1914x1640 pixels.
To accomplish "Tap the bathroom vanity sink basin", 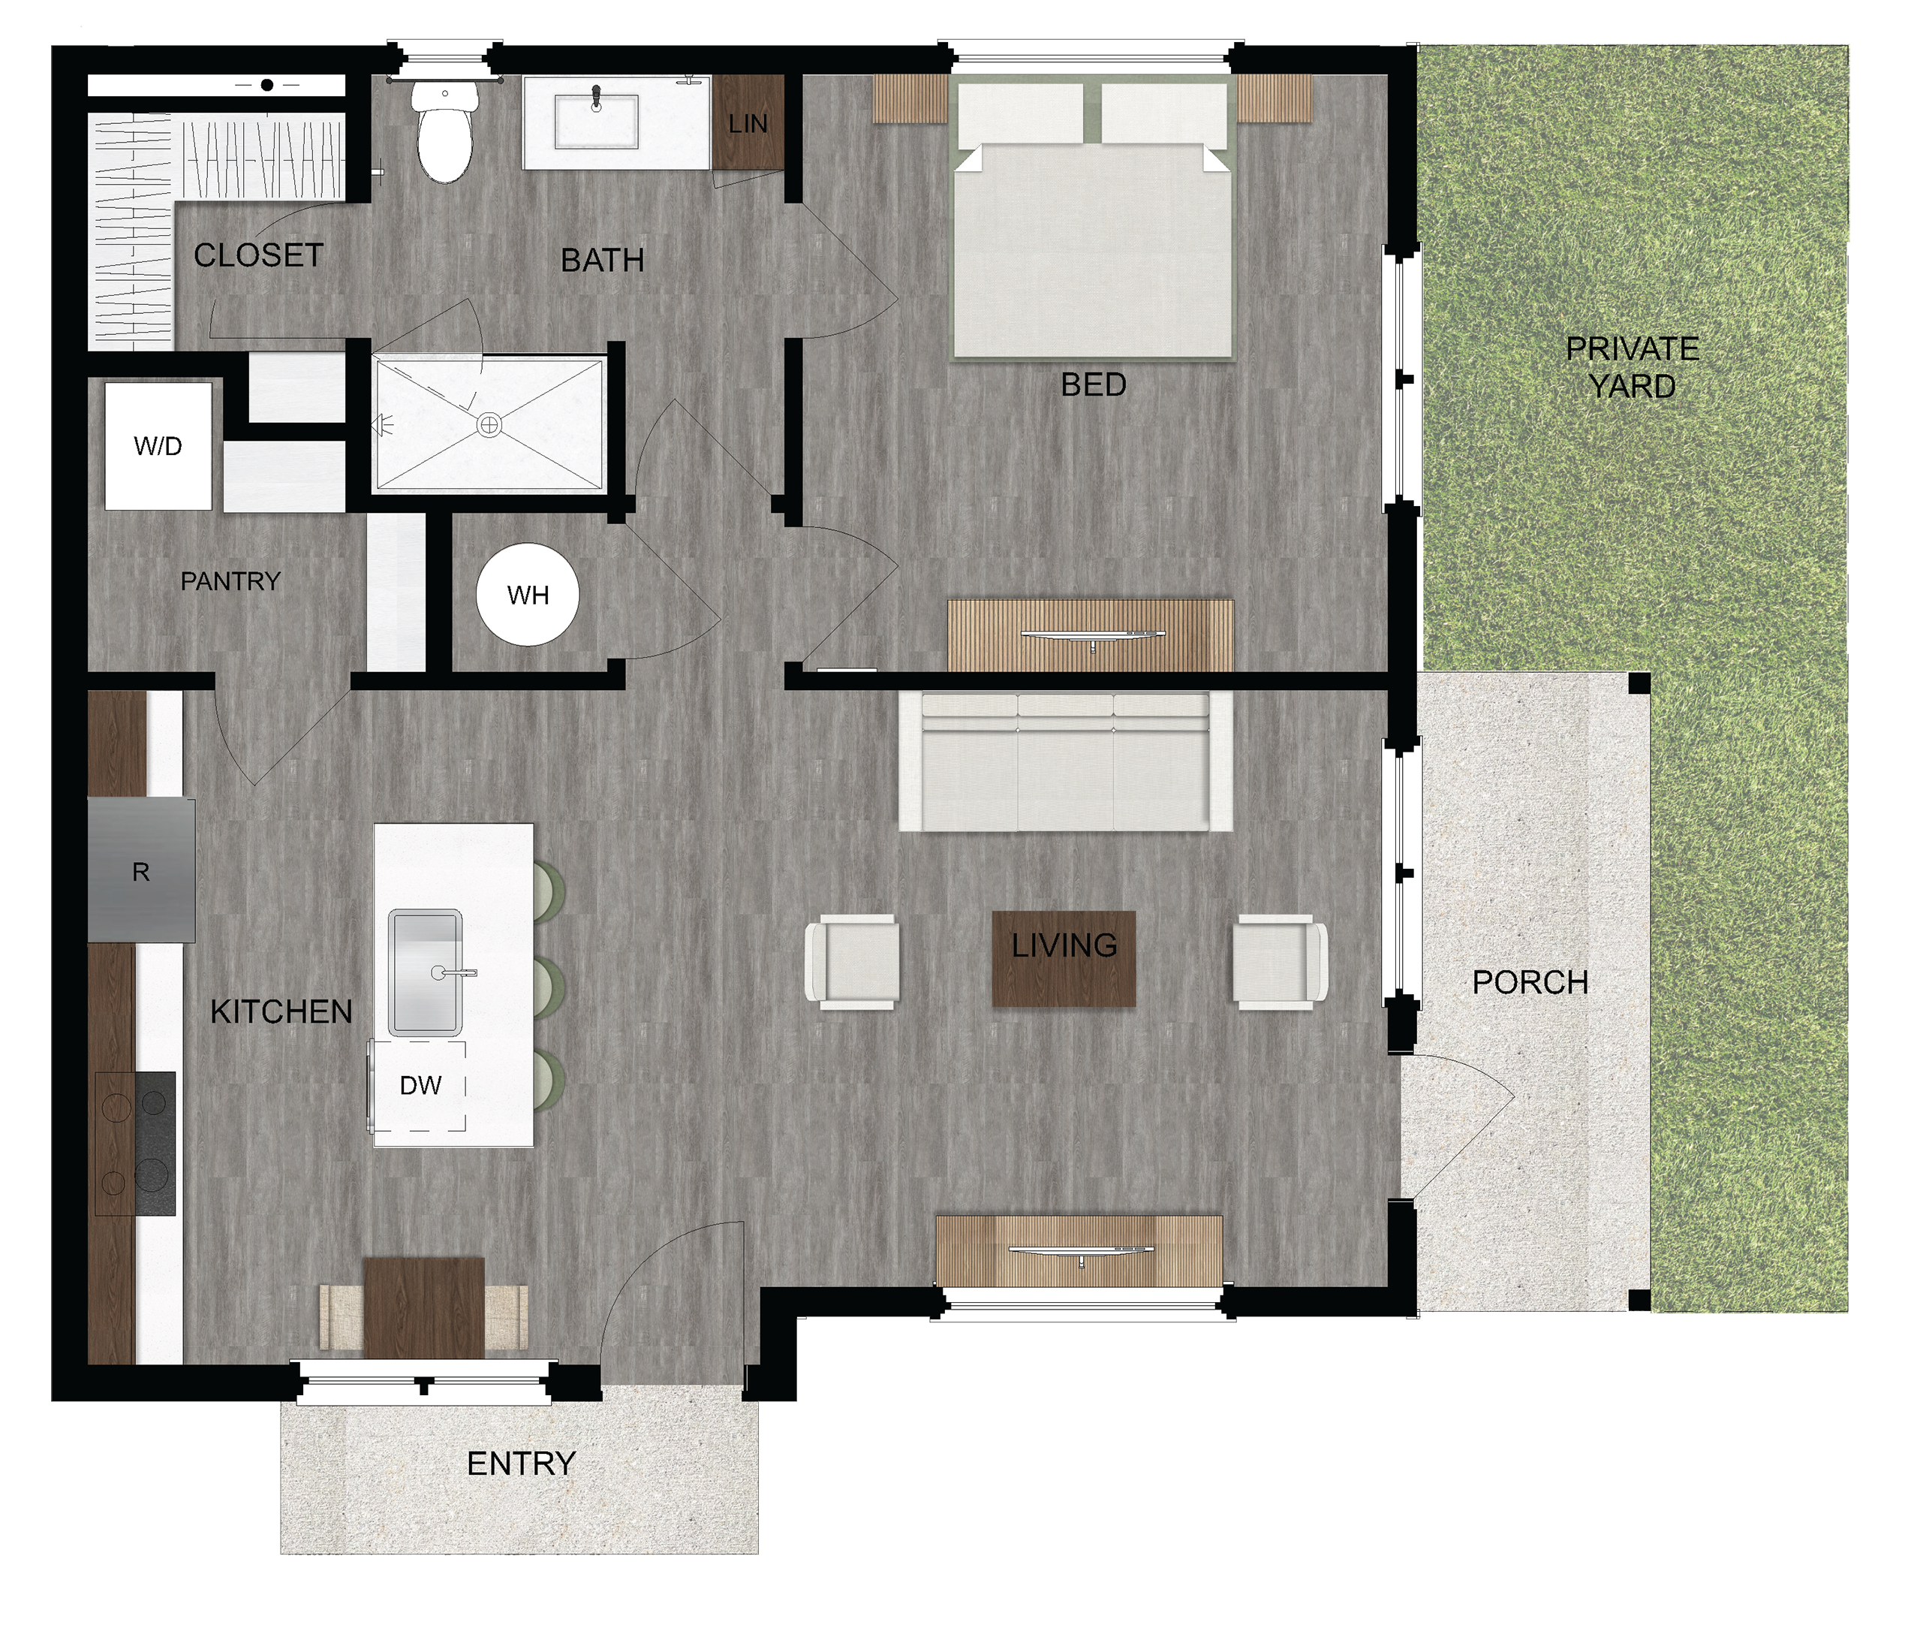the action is (597, 120).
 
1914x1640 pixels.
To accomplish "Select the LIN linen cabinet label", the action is (748, 124).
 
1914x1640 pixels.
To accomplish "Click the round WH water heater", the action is (528, 594).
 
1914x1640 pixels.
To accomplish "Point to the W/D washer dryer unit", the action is (158, 446).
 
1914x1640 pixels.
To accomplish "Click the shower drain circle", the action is (489, 425).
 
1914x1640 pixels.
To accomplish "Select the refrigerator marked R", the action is (141, 870).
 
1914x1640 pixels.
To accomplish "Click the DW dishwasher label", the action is (420, 1086).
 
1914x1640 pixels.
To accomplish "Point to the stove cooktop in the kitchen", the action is (135, 1144).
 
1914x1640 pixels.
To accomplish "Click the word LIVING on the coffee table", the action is (1064, 945).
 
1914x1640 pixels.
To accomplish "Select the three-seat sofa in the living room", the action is (1065, 761).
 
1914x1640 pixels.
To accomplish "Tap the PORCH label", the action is (1530, 982).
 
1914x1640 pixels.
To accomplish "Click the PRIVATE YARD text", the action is (1633, 366).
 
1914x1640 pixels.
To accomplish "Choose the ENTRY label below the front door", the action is (521, 1463).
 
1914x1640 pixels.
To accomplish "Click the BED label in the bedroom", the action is (1093, 384).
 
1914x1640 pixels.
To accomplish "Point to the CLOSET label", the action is (259, 255).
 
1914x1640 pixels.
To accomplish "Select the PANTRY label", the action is (230, 581).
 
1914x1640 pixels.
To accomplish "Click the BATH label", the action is (602, 260).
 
